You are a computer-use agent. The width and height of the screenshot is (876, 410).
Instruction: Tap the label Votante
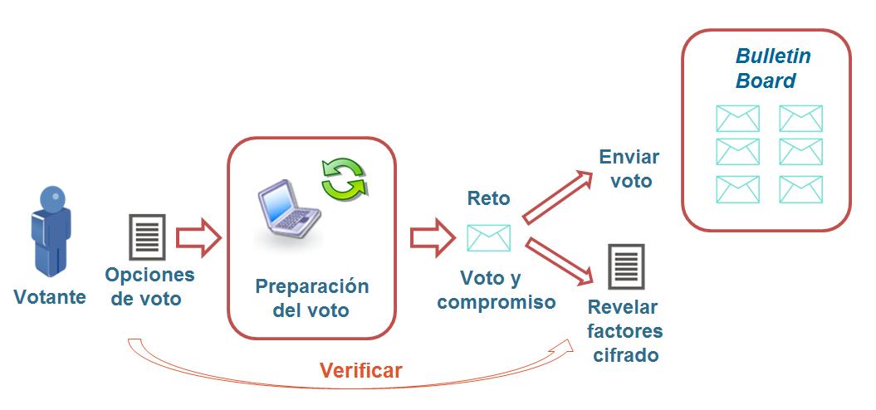50,297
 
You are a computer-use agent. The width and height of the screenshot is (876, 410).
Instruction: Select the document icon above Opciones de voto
147,237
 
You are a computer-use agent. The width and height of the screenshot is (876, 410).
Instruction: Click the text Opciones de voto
149,287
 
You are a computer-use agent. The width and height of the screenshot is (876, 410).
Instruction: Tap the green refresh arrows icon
345,178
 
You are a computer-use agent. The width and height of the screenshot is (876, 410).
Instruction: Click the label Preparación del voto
311,299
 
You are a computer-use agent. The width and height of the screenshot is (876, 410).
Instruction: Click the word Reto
489,198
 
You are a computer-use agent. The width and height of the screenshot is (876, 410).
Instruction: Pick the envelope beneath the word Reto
488,238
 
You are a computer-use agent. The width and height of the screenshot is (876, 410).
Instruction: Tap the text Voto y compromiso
496,290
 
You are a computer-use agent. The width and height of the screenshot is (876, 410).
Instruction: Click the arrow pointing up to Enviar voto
556,197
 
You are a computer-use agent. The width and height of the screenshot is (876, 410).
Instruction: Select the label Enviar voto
629,168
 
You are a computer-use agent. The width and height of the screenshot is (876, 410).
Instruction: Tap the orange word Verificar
361,370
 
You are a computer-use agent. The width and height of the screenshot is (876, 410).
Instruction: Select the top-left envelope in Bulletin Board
737,119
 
